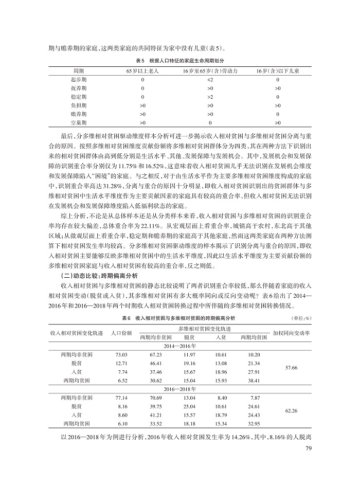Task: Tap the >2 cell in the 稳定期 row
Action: [210, 96]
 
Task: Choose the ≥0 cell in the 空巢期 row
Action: [278, 122]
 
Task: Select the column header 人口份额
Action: [121, 332]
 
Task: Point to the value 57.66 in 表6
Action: [291, 367]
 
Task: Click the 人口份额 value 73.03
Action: [121, 355]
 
